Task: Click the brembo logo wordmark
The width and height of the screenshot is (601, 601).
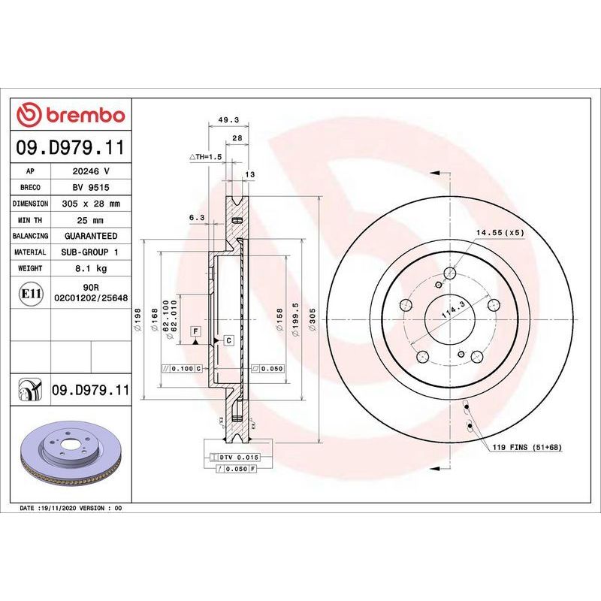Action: point(86,116)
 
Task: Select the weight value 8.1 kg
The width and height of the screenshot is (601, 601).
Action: point(91,268)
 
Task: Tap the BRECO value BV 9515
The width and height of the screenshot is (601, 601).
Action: point(91,187)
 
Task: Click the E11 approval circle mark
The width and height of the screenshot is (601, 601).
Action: point(31,294)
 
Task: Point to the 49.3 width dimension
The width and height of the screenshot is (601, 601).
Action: point(228,120)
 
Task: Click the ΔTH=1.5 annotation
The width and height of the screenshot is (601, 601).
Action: point(206,157)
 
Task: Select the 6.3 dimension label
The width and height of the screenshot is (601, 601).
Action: point(197,218)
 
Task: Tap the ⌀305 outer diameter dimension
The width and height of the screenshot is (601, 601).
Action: point(313,320)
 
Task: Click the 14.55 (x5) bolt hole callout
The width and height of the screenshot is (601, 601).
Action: point(500,233)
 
